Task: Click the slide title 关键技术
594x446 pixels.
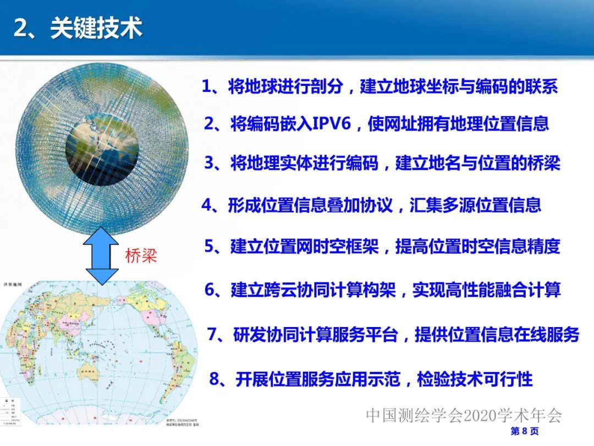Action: pos(96,28)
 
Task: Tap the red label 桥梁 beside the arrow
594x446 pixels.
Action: pos(142,255)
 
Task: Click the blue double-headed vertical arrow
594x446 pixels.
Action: pos(102,255)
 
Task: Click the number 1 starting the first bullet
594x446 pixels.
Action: pos(207,86)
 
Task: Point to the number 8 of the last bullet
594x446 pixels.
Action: pos(215,379)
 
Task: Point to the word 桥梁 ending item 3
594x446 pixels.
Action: pos(546,164)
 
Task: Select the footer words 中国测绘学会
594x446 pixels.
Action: pos(407,415)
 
